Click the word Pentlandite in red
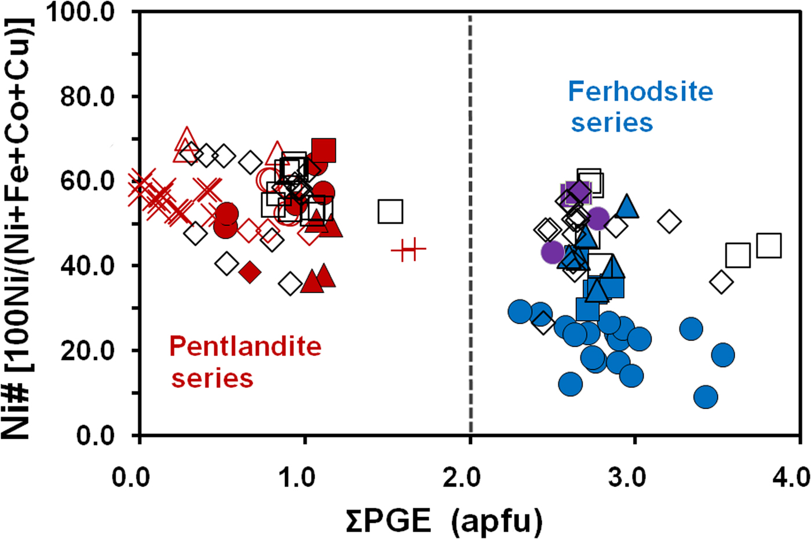[245, 347]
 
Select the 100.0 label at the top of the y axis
[82, 12]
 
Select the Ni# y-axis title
[17, 226]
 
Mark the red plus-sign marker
[408, 250]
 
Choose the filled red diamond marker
[250, 271]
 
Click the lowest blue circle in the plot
[706, 397]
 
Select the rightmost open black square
[769, 246]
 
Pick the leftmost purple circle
[553, 252]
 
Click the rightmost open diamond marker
[721, 282]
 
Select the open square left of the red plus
[390, 212]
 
